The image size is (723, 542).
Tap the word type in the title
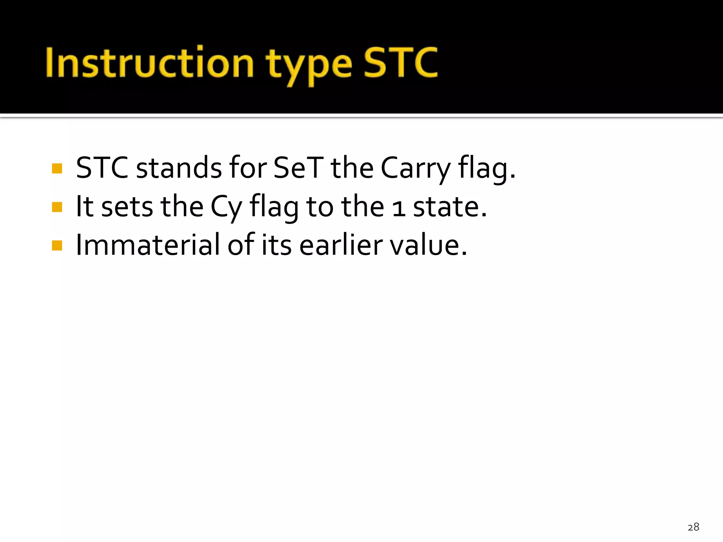pos(309,65)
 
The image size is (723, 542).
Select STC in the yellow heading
pos(401,63)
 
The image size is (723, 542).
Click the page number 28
pos(693,527)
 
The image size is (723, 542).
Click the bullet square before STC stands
pos(57,168)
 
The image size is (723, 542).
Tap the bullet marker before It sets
pos(57,207)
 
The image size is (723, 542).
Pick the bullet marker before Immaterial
pos(57,245)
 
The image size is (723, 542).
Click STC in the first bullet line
pos(102,168)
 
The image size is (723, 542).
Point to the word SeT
pos(298,168)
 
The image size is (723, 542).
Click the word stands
pos(179,168)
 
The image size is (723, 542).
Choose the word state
pos(450,207)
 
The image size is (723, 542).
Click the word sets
pos(127,207)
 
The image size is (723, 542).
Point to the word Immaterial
pos(148,245)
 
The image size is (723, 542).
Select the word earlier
pos(341,245)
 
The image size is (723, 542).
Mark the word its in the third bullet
pos(276,245)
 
